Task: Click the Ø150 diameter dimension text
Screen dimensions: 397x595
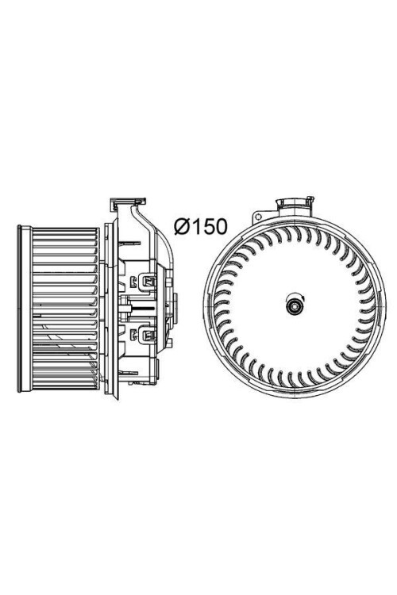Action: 201,227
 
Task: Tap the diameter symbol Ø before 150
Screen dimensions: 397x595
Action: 182,227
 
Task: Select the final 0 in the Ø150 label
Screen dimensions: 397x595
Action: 222,227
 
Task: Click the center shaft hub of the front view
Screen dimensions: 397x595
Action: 295,306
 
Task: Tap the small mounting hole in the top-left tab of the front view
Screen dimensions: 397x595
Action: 258,217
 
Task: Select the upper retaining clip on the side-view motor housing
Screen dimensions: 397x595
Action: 148,281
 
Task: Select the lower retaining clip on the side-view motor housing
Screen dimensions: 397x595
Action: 148,334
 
